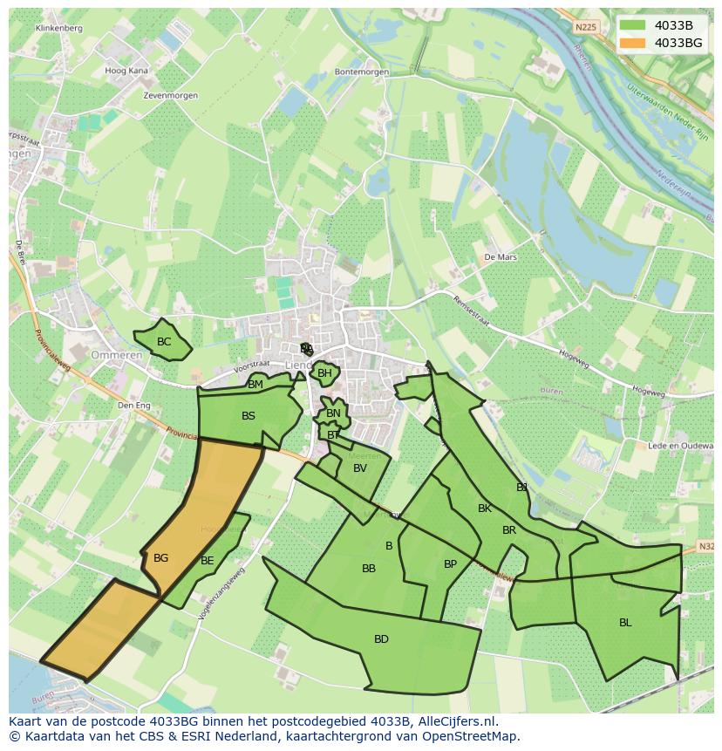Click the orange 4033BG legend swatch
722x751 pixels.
point(633,43)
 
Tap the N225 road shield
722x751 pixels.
point(588,28)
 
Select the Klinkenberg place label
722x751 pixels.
point(58,28)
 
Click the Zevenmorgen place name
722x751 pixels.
point(171,95)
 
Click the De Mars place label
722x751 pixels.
point(501,257)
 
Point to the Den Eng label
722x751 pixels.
point(134,406)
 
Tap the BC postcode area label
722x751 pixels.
point(164,342)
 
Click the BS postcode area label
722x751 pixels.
point(249,416)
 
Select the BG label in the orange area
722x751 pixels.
point(160,558)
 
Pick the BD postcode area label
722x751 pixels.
point(381,639)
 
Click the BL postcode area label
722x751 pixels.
point(625,623)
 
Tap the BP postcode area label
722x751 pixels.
point(450,564)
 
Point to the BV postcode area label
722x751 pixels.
point(360,468)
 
